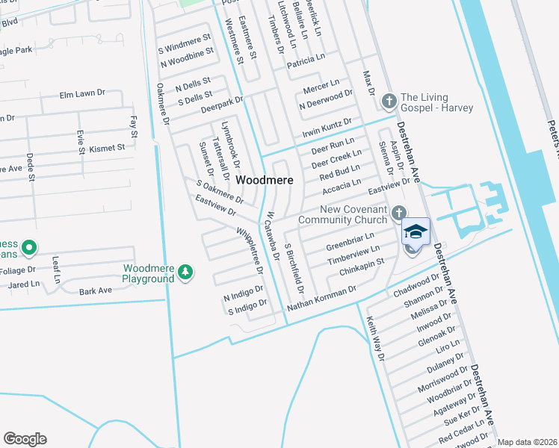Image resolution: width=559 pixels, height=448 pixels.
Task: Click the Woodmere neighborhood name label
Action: tap(264, 181)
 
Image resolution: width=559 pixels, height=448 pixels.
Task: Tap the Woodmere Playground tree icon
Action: tap(185, 274)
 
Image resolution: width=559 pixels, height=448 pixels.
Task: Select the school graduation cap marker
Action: tap(416, 232)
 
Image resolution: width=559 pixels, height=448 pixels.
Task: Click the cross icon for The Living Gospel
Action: tap(389, 101)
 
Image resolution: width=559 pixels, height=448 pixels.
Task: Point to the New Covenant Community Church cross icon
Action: tap(400, 213)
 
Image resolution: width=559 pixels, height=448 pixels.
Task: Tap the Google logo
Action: tap(25, 439)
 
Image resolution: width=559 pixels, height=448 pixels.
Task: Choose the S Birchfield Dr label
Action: tap(294, 267)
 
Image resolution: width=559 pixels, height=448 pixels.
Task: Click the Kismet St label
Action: tap(107, 148)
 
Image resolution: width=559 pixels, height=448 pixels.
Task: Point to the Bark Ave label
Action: tap(95, 290)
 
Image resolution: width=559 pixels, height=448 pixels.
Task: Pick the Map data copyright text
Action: tap(528, 442)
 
